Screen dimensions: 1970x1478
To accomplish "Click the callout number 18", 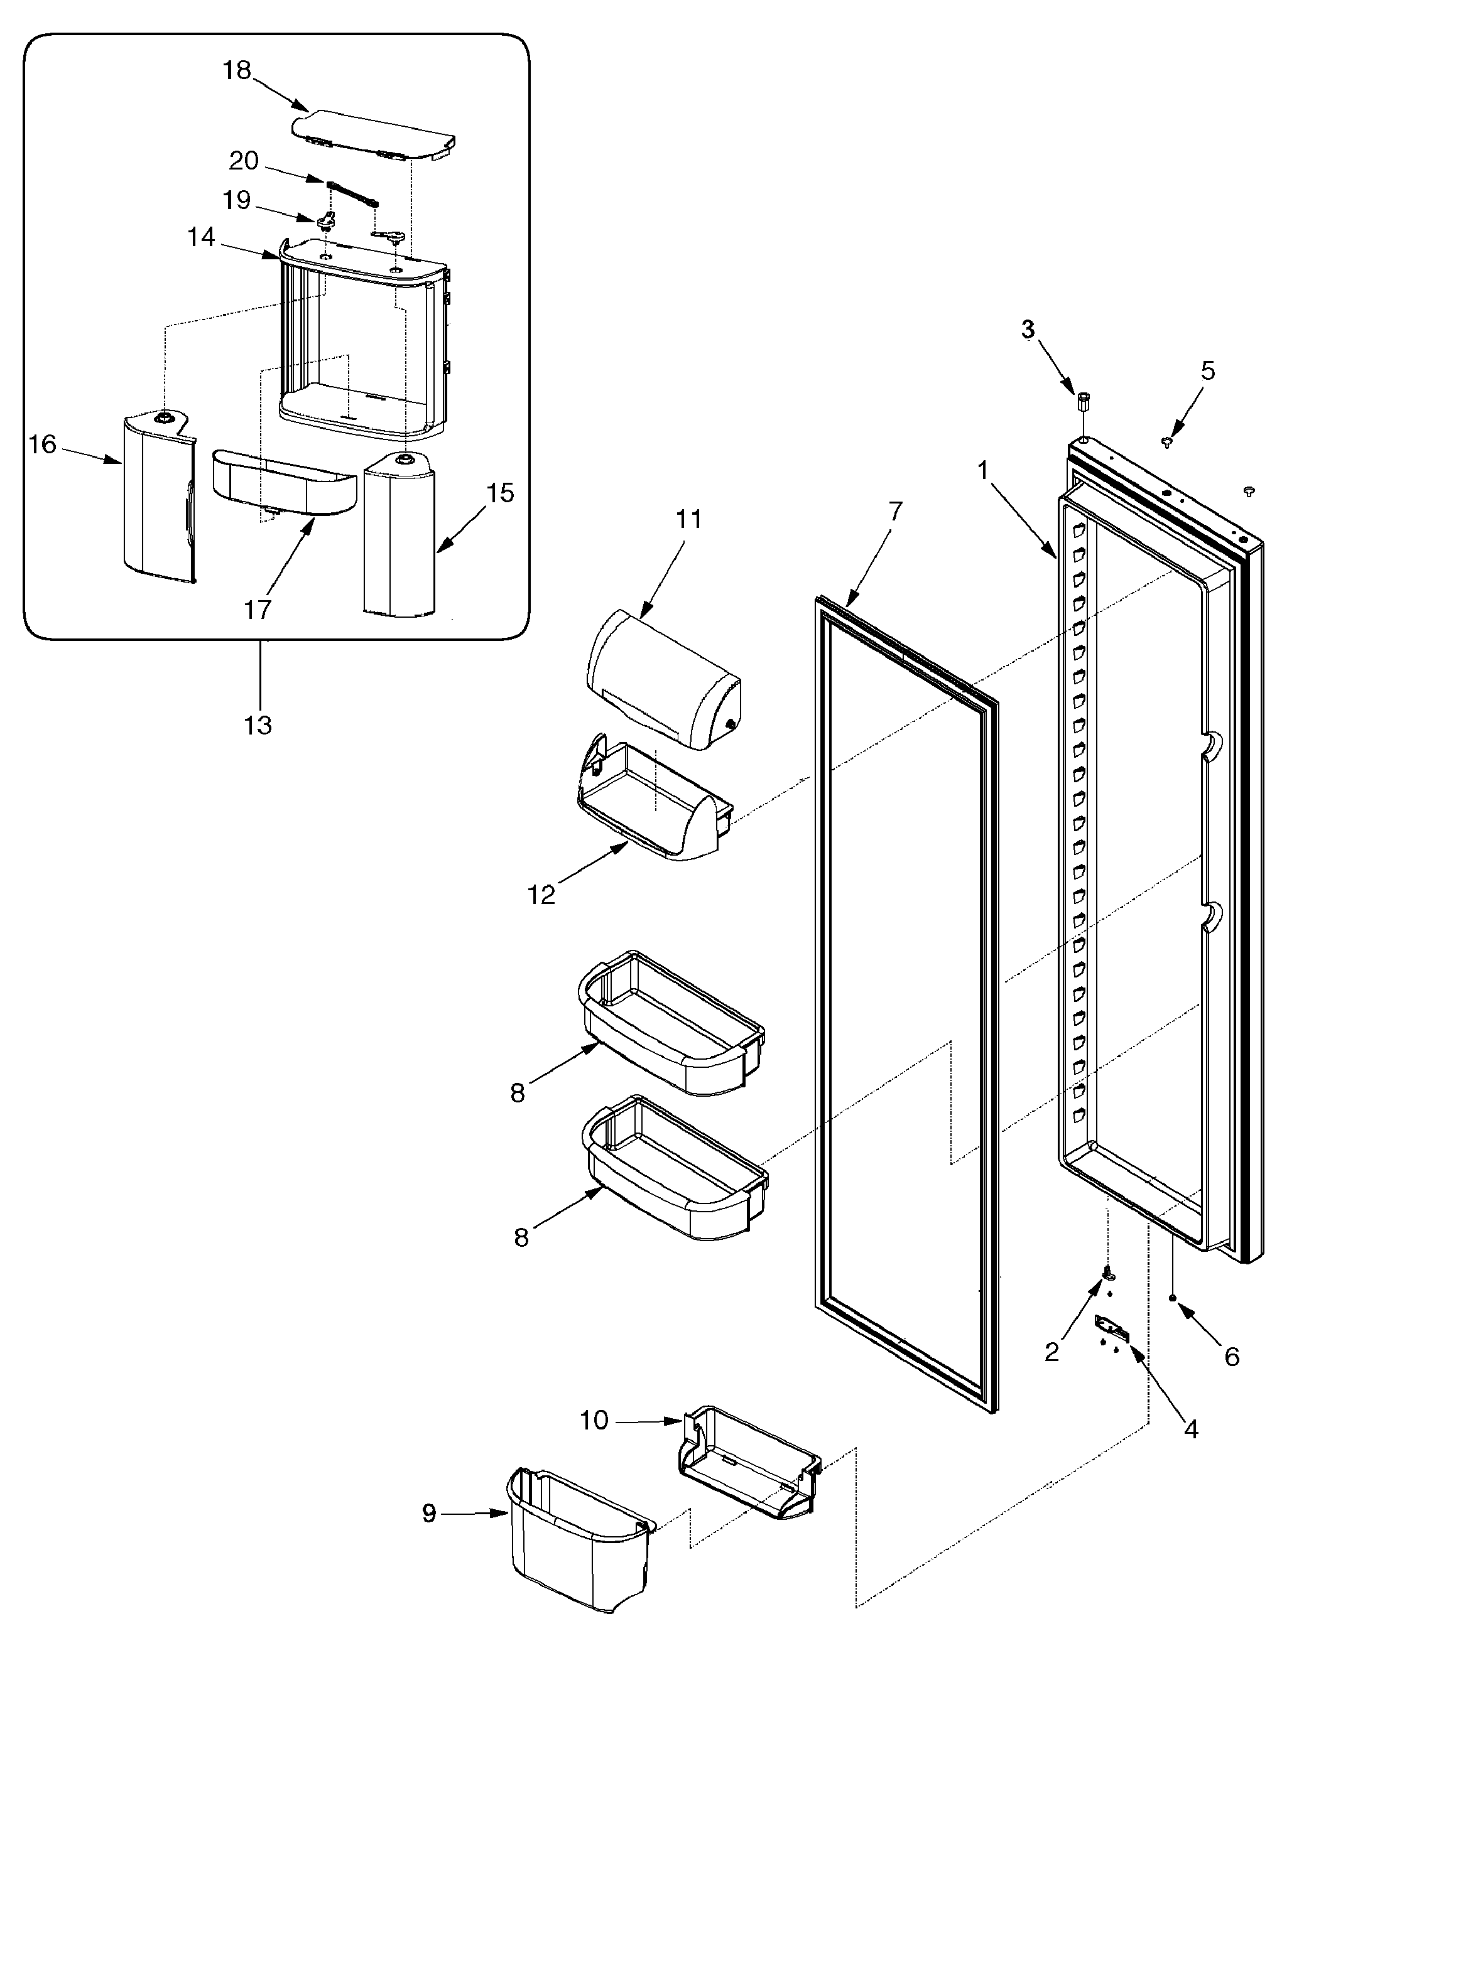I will coord(236,70).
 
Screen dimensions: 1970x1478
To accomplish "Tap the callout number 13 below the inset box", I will coord(258,726).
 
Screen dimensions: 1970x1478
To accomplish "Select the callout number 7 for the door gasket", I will coord(895,510).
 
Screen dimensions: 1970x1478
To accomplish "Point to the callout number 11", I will coord(688,519).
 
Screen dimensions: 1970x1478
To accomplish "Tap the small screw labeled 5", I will coord(1166,442).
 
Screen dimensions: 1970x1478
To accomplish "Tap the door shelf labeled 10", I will coord(748,1461).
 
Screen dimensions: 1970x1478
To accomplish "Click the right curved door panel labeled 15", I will coord(399,534).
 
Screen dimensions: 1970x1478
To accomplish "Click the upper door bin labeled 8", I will coord(673,1024).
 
